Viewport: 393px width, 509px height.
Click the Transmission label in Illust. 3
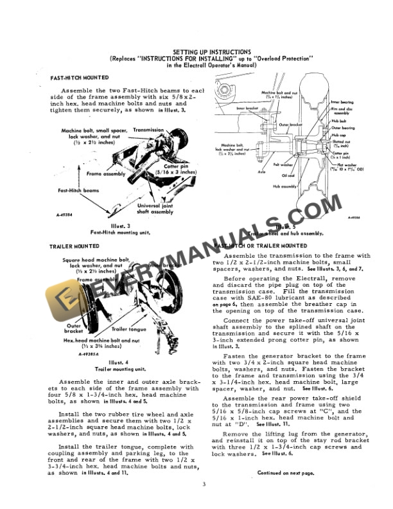[x=148, y=130]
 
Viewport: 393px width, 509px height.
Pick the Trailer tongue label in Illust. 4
[x=128, y=329]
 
